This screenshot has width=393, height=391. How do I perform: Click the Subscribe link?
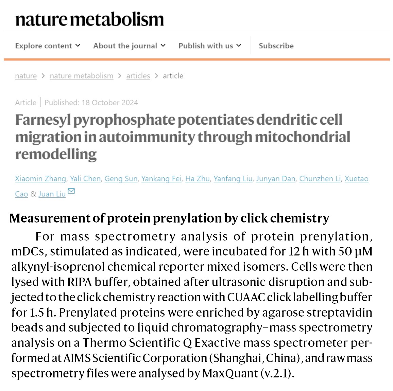tap(276, 46)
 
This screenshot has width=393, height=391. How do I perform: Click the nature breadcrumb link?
tap(26, 76)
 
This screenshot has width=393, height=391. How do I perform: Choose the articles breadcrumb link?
tap(138, 76)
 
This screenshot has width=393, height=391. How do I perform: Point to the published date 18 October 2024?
tap(110, 103)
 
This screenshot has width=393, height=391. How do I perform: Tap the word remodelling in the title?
tap(56, 154)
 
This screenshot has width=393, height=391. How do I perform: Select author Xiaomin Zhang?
tap(40, 179)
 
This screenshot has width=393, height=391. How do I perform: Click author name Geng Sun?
tap(121, 179)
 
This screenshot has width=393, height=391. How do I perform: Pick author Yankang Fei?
tap(161, 179)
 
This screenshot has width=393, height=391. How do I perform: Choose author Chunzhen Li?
tap(320, 179)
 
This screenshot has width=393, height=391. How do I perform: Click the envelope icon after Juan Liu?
tap(71, 191)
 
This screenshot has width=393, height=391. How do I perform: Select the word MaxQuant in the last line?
tap(230, 373)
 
